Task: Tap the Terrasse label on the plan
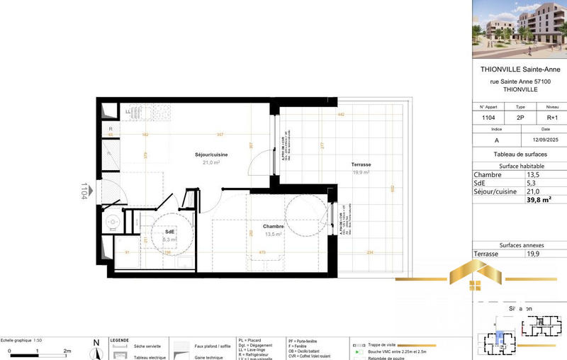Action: pos(361,164)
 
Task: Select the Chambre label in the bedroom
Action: pos(274,227)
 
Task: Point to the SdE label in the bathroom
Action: pos(170,232)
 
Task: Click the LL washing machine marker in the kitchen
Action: pos(128,111)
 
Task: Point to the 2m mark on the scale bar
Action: pos(67,351)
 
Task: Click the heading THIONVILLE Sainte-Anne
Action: pos(520,69)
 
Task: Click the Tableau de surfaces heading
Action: pos(520,154)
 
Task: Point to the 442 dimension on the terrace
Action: pos(340,114)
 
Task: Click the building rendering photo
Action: pos(520,28)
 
